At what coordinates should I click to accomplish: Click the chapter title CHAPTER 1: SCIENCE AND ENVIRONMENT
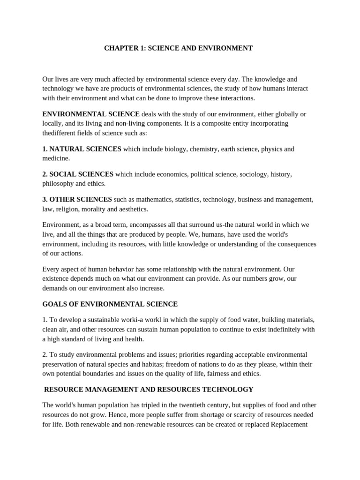(178, 48)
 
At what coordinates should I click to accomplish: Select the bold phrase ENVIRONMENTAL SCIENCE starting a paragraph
(91, 114)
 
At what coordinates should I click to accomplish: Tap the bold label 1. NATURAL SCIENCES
(82, 149)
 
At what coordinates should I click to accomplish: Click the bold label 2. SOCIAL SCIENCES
(78, 174)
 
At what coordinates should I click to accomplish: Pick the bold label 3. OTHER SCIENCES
(77, 200)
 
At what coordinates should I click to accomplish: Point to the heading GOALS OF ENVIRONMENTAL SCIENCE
(110, 304)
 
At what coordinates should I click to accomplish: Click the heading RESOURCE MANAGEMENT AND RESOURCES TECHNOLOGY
(149, 390)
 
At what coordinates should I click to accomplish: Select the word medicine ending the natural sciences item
(55, 158)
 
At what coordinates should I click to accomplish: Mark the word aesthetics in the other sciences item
(132, 209)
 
